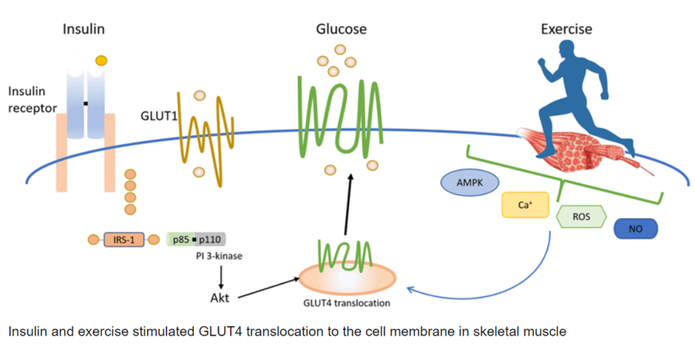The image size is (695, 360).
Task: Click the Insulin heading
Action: pos(84,30)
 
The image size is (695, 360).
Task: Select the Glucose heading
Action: pos(341,30)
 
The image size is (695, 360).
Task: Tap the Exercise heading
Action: pos(566,30)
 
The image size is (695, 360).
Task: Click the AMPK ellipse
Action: pos(469,183)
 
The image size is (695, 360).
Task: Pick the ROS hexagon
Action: pos(580,216)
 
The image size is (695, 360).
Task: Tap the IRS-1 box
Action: pos(123,240)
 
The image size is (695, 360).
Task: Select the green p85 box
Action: pos(180,240)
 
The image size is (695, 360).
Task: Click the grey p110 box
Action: pos(211,240)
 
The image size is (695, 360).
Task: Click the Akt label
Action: pos(221,299)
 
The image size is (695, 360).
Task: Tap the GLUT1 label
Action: pos(157,116)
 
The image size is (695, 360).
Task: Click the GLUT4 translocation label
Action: pos(347,302)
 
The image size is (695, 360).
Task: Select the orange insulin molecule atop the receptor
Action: pos(101,59)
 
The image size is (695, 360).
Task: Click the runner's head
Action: pos(569,50)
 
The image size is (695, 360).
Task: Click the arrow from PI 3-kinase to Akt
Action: pos(221,276)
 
